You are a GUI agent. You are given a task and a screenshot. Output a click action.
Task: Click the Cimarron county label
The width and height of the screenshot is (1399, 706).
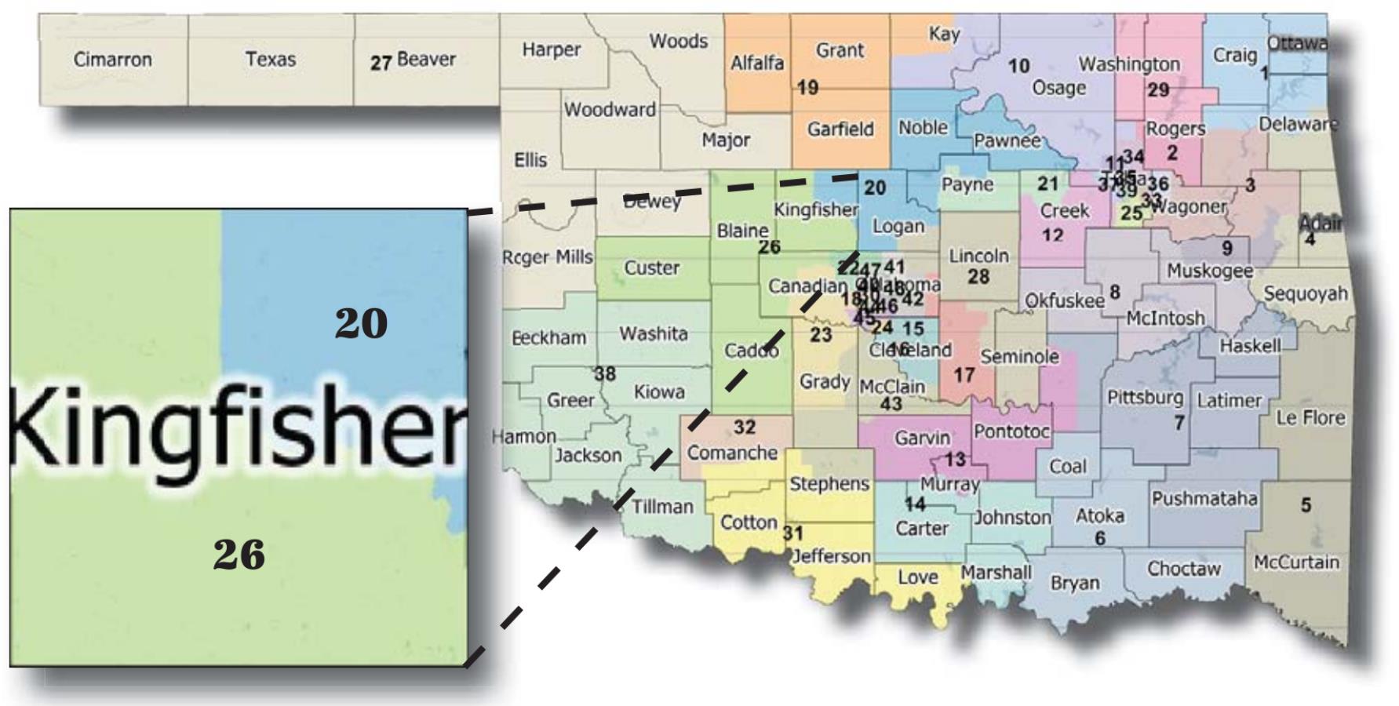click(112, 60)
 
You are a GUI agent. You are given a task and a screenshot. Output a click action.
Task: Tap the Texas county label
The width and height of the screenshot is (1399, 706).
click(270, 60)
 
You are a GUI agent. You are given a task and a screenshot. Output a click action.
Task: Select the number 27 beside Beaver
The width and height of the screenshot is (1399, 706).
click(381, 63)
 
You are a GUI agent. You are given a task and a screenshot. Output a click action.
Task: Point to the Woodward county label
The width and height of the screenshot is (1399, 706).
click(610, 110)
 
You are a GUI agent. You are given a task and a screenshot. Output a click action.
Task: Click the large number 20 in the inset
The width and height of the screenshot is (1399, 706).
click(361, 323)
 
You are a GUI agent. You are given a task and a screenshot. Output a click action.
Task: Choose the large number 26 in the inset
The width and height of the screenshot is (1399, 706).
click(239, 555)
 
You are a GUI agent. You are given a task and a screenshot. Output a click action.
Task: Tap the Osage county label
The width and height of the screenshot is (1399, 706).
click(1058, 88)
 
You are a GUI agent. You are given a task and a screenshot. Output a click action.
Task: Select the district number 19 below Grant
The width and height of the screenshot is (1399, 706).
click(807, 88)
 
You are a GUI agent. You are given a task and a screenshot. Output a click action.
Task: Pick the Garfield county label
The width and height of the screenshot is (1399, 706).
click(840, 129)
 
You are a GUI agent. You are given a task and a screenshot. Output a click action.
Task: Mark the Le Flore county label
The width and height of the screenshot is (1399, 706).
click(1310, 418)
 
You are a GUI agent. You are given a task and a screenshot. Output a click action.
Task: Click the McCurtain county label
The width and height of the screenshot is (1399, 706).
click(1296, 562)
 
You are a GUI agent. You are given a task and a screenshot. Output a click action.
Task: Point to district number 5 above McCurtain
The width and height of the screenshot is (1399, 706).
click(1306, 505)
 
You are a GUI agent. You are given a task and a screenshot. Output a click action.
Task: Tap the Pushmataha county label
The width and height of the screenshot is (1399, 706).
click(1204, 498)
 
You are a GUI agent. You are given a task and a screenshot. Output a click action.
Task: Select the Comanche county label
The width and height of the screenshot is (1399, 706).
click(732, 453)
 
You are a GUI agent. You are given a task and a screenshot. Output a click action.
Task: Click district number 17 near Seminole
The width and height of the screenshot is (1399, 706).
click(964, 375)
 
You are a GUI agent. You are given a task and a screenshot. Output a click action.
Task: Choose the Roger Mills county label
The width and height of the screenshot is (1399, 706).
click(547, 257)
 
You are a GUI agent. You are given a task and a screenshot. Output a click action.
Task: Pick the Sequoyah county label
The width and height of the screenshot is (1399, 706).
click(1305, 294)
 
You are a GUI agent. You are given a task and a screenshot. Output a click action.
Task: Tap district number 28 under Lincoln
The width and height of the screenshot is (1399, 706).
click(978, 277)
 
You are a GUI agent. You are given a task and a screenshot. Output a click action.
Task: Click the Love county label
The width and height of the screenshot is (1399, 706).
click(917, 577)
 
